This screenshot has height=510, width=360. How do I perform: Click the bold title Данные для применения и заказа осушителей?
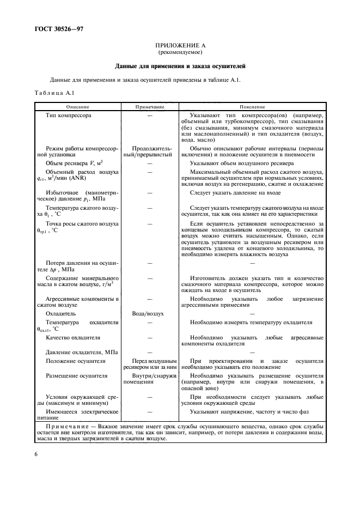[x=180, y=67]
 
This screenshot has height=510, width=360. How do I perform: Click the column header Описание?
[x=78, y=107]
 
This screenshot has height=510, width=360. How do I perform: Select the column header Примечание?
[x=149, y=107]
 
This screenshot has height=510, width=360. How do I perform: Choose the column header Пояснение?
[x=252, y=107]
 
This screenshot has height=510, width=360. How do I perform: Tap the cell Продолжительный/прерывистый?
[x=149, y=152]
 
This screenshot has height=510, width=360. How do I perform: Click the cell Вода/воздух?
[x=149, y=314]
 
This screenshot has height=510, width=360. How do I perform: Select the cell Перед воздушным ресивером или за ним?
[x=149, y=365]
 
